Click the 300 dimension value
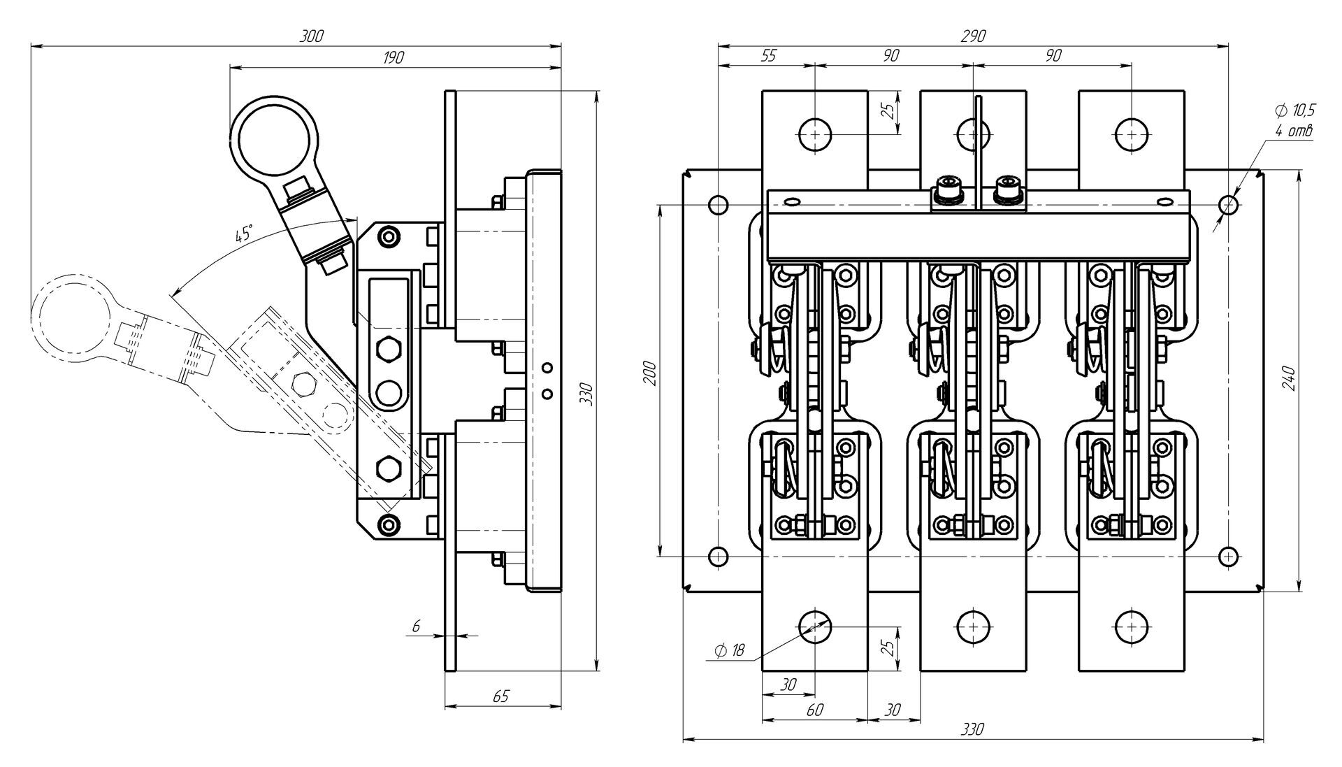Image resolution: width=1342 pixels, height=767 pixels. [x=312, y=36]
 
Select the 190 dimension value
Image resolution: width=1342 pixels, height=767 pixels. [x=394, y=57]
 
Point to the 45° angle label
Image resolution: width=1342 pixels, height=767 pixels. [x=243, y=234]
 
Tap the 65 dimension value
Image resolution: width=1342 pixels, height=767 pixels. [x=501, y=696]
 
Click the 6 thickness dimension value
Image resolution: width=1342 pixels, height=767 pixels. [x=416, y=626]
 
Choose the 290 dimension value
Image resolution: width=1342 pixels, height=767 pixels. [x=973, y=36]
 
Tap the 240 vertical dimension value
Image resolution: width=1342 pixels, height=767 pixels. [x=1290, y=378]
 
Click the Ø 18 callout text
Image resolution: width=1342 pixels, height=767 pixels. [x=730, y=651]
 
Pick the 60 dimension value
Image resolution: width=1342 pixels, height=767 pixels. [x=815, y=710]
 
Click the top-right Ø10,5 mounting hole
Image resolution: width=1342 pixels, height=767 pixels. [x=1229, y=205]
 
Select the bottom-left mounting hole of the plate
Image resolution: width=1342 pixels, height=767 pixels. [x=718, y=556]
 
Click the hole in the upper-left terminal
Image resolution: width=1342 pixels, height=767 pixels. [x=814, y=133]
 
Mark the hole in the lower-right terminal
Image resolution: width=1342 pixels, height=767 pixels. [x=1131, y=626]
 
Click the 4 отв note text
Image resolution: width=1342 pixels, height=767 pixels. [x=1294, y=131]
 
